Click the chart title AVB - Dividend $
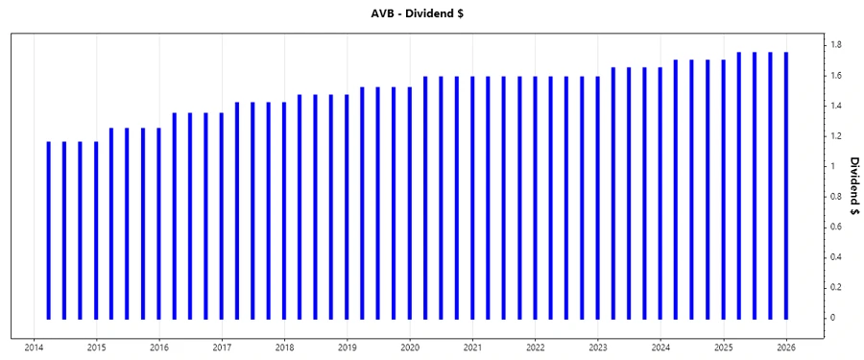tap(431, 13)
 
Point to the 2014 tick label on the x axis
tap(34, 348)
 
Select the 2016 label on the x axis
tap(159, 348)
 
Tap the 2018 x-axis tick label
tap(284, 348)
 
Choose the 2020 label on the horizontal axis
tap(410, 348)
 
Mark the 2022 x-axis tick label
tap(536, 348)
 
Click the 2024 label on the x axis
tap(661, 348)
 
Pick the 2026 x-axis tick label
tap(786, 348)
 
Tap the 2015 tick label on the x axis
tap(96, 348)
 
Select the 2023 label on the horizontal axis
tap(598, 348)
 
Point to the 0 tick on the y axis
tap(832, 318)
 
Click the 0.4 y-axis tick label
tap(835, 257)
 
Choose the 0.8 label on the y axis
tap(835, 197)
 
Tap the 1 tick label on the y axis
tap(832, 166)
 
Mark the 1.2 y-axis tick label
tap(835, 136)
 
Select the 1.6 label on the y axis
tap(835, 76)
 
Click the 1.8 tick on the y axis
tap(835, 45)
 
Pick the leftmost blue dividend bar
tap(48, 230)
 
